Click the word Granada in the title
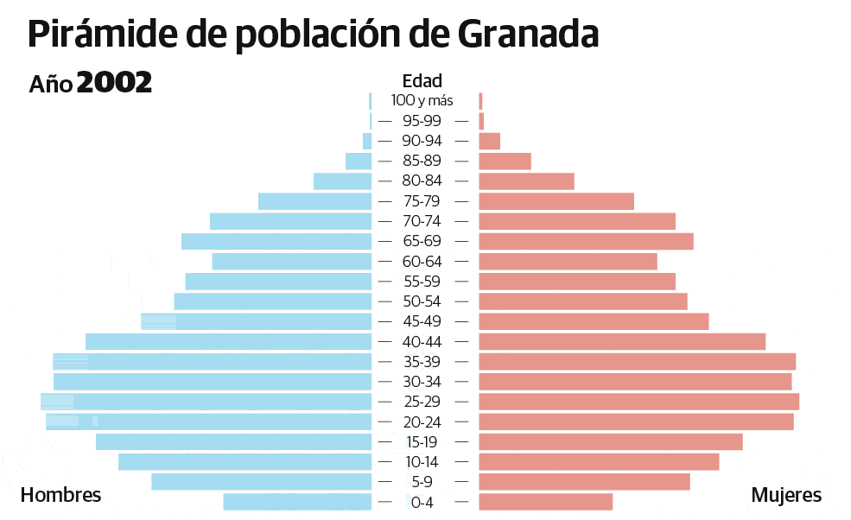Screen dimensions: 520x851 [x=528, y=35]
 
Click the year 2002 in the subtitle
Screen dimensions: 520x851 [x=114, y=83]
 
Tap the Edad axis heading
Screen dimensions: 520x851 [x=422, y=81]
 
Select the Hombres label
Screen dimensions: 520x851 [x=60, y=495]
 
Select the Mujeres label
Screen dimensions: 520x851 [x=786, y=495]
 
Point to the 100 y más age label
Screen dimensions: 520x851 [x=422, y=101]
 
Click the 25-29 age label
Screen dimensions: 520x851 [x=422, y=402]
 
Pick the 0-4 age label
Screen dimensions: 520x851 [x=422, y=502]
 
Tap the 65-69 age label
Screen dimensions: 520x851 [x=422, y=241]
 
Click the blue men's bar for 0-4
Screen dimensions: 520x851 [x=297, y=502]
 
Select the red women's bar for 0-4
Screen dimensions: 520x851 [x=545, y=502]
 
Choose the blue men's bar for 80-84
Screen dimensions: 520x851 [x=342, y=181]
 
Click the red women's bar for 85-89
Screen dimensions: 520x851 [x=505, y=162]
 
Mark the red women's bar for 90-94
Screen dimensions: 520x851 [x=489, y=141]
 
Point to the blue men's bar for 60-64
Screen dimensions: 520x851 [x=291, y=261]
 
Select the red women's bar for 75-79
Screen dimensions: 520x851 [x=556, y=201]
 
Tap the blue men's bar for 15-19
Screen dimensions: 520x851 [x=233, y=442]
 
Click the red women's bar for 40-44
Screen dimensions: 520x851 [x=621, y=341]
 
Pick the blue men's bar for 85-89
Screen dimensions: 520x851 [x=359, y=162]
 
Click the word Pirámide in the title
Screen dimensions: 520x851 [x=103, y=35]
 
